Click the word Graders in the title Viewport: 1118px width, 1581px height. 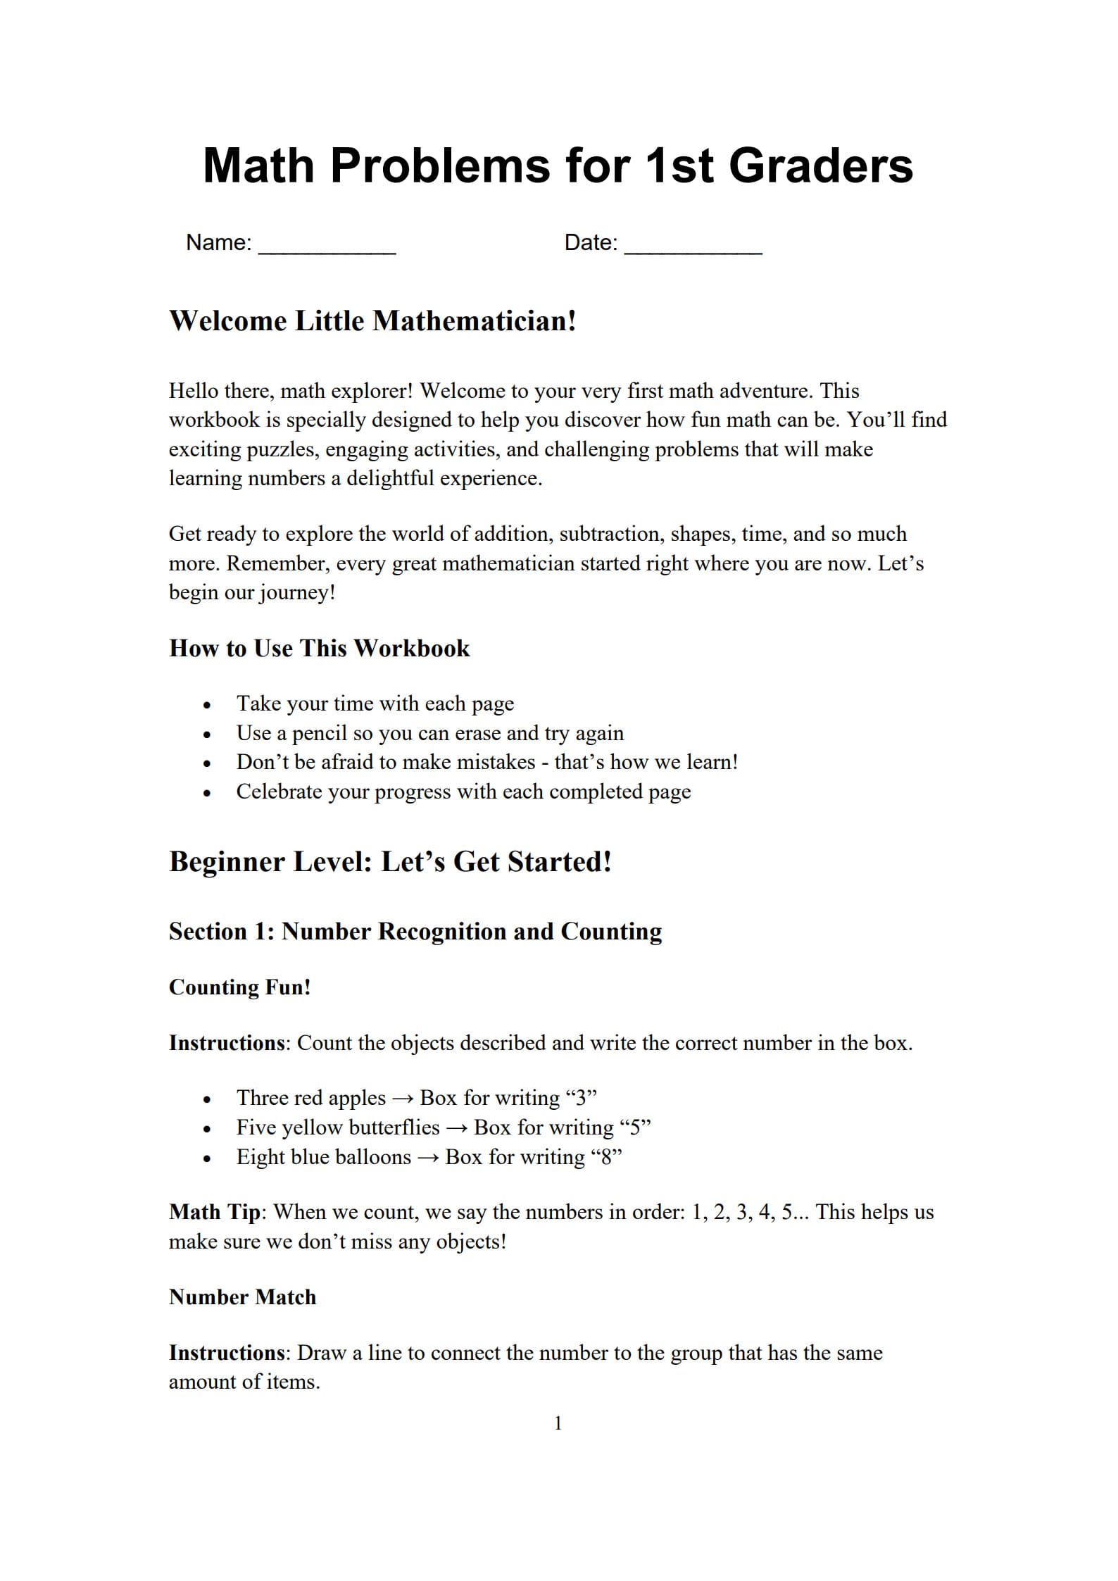coord(820,167)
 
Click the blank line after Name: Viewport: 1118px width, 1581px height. coord(327,248)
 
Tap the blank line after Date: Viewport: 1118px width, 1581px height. coord(693,248)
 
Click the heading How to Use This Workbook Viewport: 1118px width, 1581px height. coord(319,648)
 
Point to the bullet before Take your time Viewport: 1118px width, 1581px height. coord(207,705)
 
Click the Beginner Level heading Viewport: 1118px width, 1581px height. coord(390,862)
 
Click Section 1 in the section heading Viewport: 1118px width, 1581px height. coord(220,932)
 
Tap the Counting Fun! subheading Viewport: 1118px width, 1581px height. coord(239,987)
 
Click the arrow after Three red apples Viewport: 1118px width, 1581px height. coord(403,1099)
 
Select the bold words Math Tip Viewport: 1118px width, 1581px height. coord(215,1212)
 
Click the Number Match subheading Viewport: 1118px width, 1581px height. coord(242,1297)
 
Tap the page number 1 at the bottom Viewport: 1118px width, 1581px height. coord(558,1423)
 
